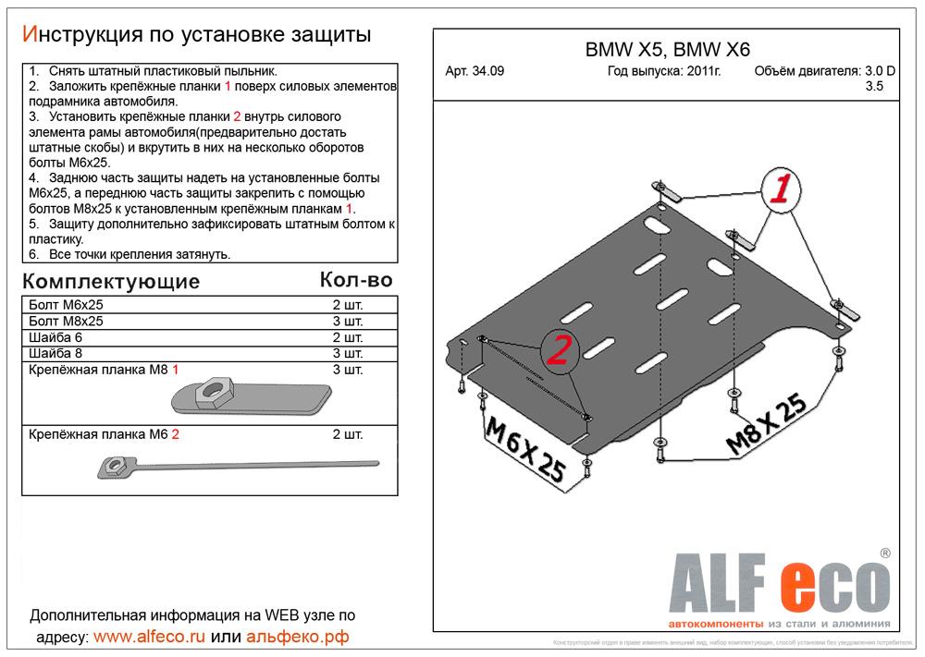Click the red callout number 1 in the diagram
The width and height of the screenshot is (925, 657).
tap(781, 190)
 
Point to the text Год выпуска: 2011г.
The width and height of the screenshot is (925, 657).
tap(664, 71)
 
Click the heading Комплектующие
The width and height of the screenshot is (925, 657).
tap(110, 281)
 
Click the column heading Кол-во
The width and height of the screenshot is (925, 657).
tap(355, 279)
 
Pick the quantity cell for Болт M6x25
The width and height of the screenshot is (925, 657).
tap(348, 305)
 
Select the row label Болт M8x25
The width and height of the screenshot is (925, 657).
tap(66, 321)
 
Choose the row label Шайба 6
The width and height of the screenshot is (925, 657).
tap(56, 337)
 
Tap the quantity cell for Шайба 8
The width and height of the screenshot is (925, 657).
tap(348, 354)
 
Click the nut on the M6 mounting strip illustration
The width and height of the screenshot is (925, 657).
tap(118, 465)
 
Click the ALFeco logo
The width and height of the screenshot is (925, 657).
tap(780, 579)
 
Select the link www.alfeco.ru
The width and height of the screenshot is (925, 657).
tap(151, 637)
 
